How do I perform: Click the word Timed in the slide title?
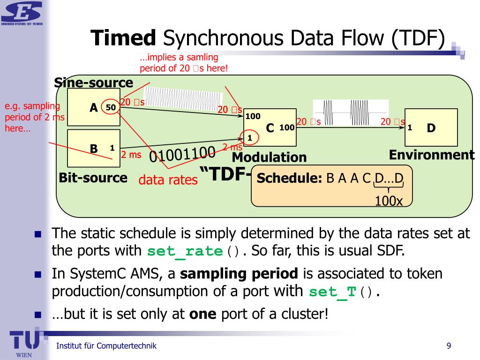123,38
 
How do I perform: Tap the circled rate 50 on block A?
111,107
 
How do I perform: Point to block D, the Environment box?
431,127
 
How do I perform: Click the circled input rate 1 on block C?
249,138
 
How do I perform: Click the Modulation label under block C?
269,157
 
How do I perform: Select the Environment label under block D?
432,155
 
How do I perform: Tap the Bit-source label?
93,178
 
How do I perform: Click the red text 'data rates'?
168,180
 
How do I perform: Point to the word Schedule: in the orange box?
289,178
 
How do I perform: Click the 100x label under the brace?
389,201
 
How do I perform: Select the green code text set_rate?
184,251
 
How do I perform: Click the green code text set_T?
333,292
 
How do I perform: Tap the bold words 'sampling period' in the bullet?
239,274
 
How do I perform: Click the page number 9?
449,346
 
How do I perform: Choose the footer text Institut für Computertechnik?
106,346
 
